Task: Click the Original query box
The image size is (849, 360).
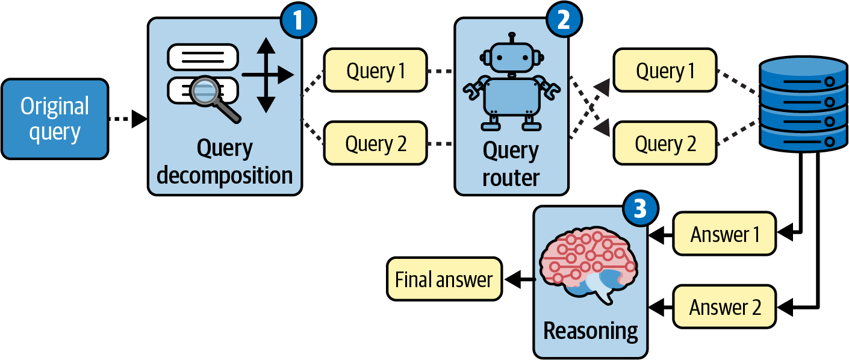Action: coord(55,119)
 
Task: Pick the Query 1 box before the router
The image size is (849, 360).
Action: coord(375,71)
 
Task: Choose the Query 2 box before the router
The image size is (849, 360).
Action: coord(375,143)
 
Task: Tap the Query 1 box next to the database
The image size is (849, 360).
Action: coord(665,71)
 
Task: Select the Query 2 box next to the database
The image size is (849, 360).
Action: coord(665,143)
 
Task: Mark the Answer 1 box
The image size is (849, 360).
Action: coord(725,234)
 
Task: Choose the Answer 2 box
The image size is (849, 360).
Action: coord(725,307)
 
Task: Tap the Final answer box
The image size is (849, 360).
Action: coord(444,279)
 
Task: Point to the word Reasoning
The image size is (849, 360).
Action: coord(590,331)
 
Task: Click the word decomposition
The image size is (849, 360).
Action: coord(225,176)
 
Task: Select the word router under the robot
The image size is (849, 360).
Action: coord(511,178)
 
